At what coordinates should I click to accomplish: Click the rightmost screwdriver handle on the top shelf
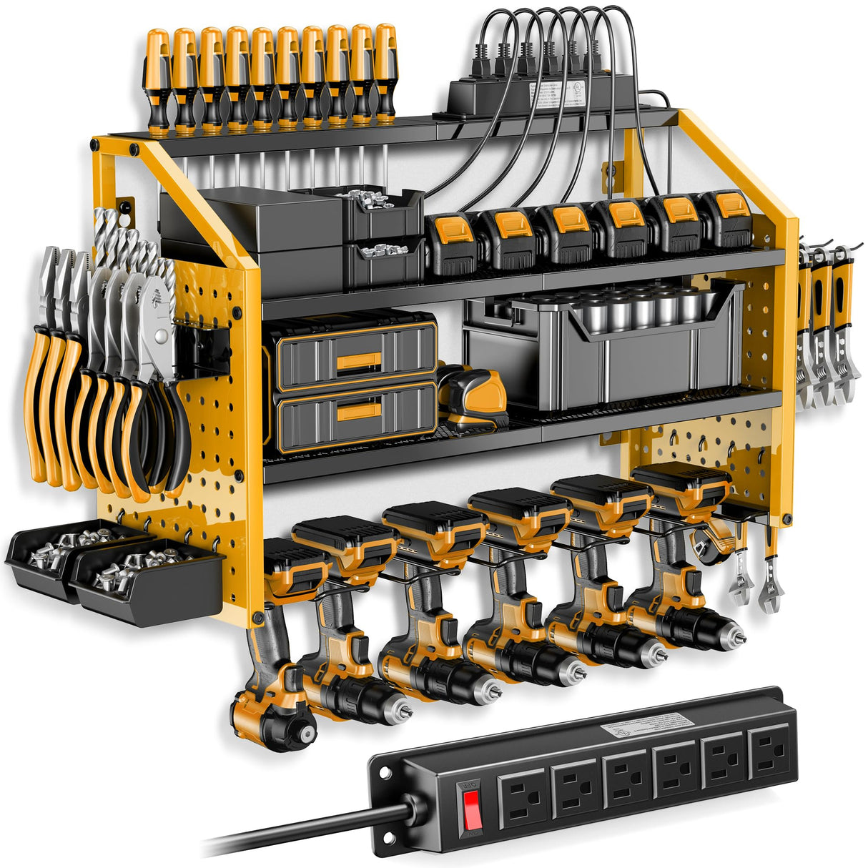[385, 71]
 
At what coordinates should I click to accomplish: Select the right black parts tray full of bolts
[147, 579]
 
